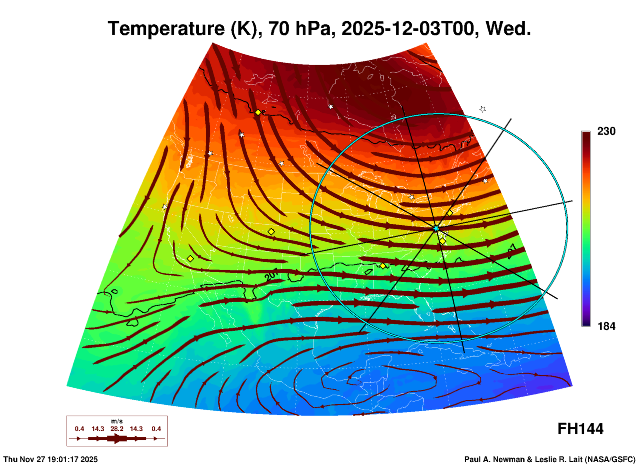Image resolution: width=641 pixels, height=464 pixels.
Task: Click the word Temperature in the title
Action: (166, 29)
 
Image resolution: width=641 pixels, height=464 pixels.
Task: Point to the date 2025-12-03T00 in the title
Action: (408, 29)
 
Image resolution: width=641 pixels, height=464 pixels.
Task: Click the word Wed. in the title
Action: (509, 29)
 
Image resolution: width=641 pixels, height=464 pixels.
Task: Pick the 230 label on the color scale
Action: (606, 131)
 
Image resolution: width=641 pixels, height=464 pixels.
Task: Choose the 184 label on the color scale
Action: (606, 326)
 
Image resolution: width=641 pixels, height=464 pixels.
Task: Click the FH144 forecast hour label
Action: (580, 429)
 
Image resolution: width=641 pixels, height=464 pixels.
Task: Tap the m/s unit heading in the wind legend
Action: (117, 421)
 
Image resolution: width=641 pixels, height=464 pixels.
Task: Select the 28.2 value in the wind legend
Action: (117, 429)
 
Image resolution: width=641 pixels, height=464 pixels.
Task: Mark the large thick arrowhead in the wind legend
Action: (117, 438)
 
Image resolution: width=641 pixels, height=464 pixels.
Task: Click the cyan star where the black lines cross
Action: (436, 228)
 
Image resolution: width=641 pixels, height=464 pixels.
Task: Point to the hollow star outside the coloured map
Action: (483, 109)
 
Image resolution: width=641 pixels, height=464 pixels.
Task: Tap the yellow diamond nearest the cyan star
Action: (443, 241)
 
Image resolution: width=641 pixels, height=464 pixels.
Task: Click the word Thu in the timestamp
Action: (10, 459)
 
